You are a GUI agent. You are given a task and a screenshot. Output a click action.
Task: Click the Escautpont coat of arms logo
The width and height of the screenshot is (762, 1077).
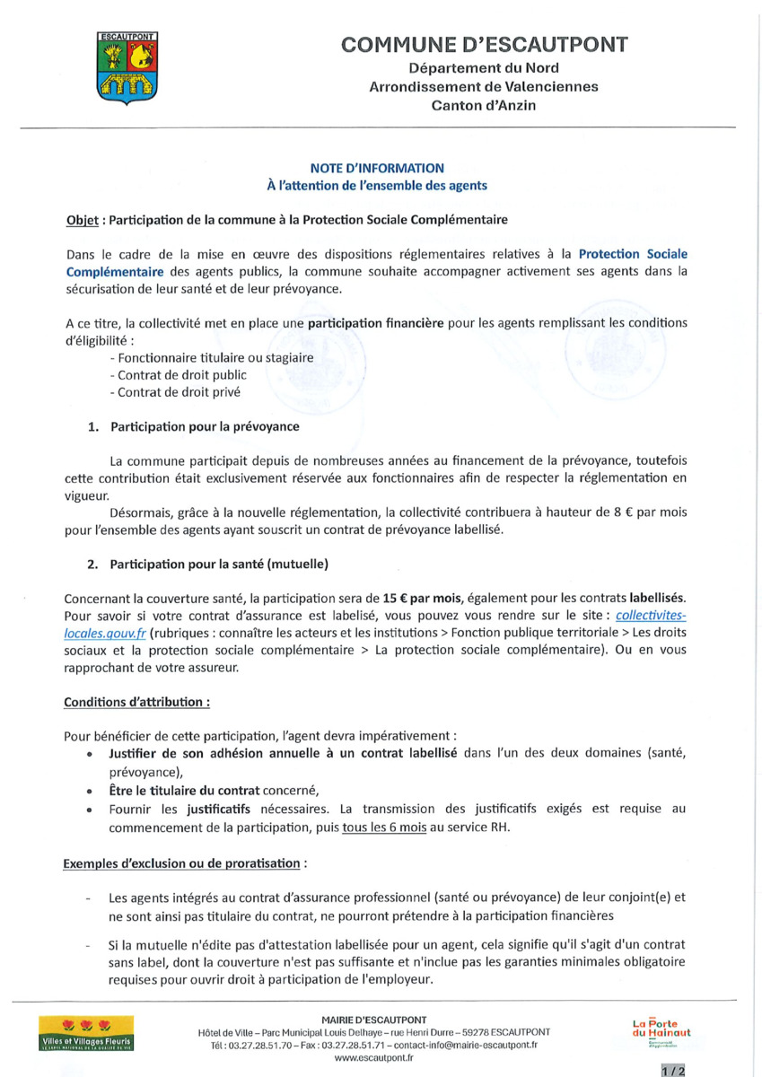coord(126,67)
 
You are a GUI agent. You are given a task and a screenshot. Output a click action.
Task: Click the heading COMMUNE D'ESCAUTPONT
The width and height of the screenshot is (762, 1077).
coord(484,45)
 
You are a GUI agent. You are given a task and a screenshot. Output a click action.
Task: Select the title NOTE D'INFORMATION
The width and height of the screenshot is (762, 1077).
coord(377,168)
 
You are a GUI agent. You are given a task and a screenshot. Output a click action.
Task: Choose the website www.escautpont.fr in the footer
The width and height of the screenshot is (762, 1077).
coord(373,1058)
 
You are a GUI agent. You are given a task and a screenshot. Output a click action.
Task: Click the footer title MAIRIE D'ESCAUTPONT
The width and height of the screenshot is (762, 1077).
coord(373,1020)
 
